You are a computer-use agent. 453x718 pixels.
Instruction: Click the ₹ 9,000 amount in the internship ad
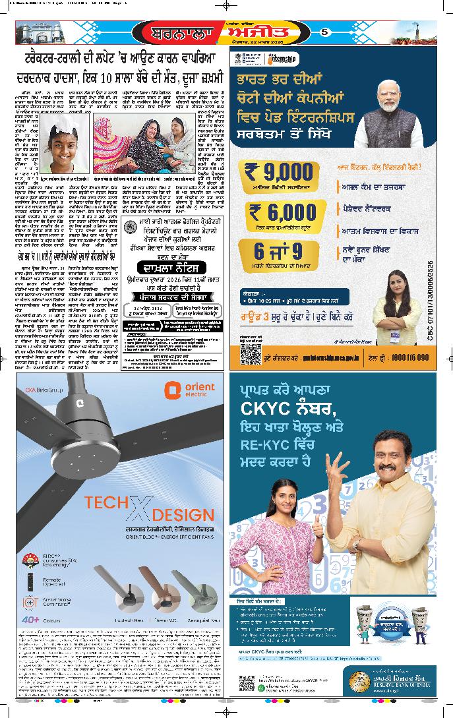point(278,173)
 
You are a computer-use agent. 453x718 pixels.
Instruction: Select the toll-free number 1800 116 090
point(408,357)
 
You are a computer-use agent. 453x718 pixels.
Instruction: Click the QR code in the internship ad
point(250,353)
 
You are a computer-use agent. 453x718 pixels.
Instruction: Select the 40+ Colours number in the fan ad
point(30,620)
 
